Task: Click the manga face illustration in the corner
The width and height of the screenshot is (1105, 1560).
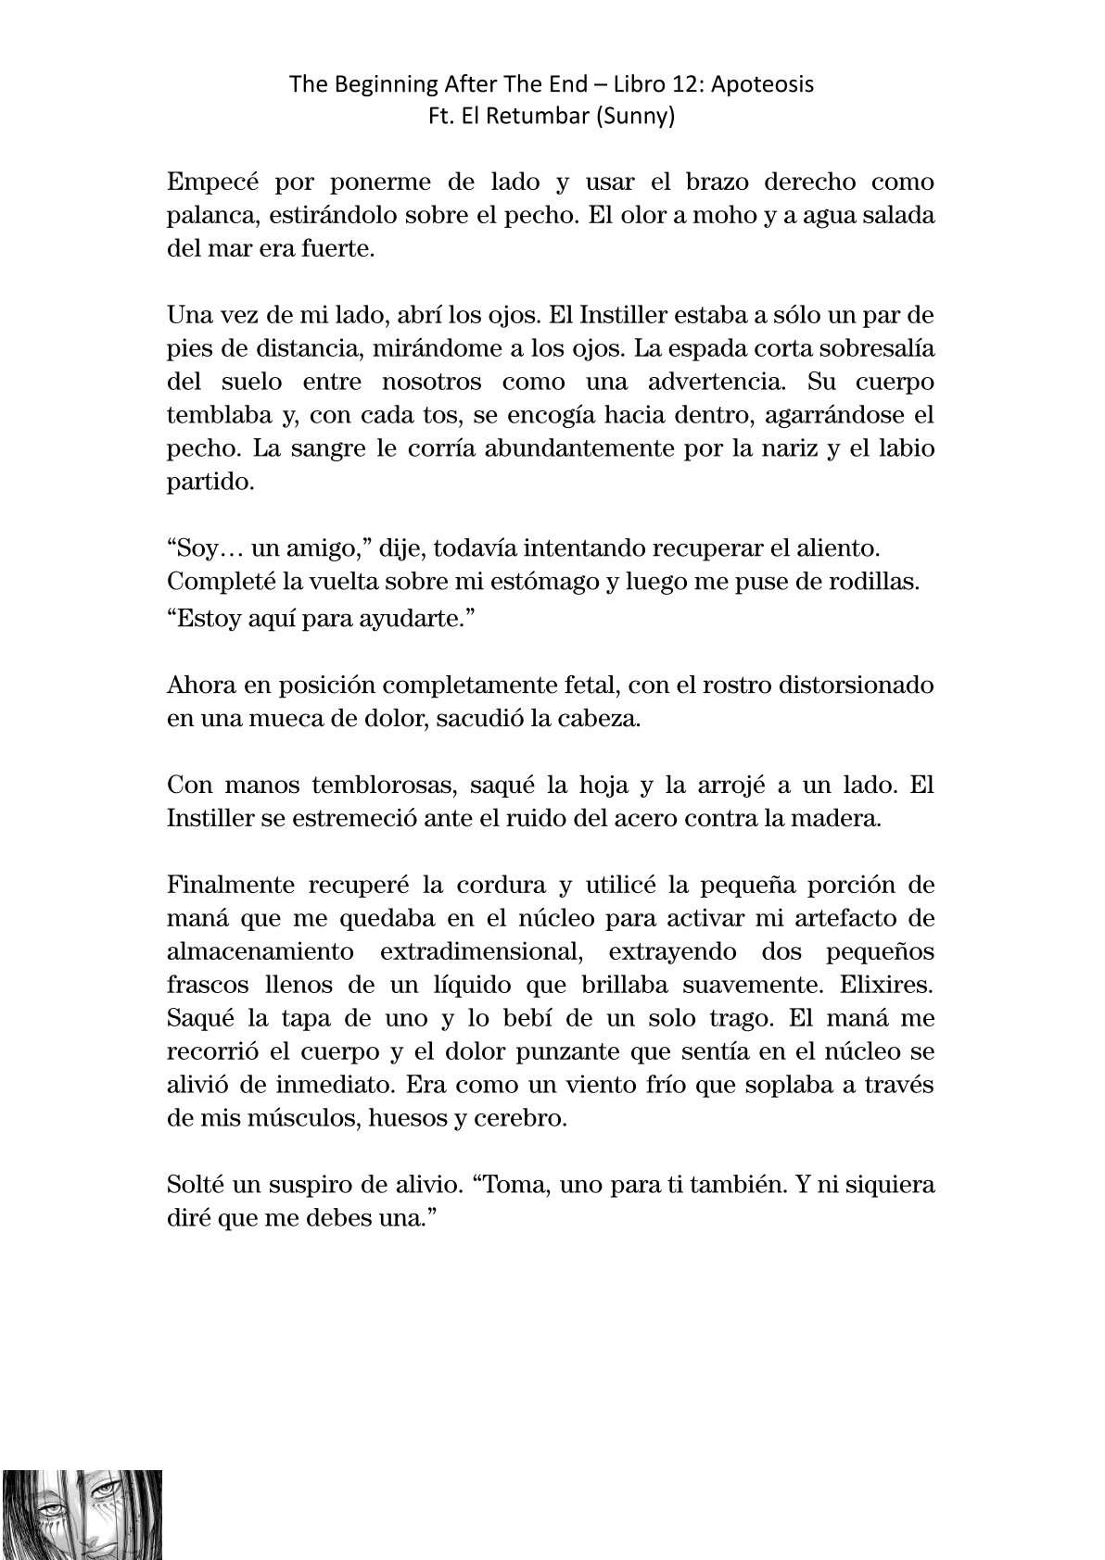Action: point(82,1514)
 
